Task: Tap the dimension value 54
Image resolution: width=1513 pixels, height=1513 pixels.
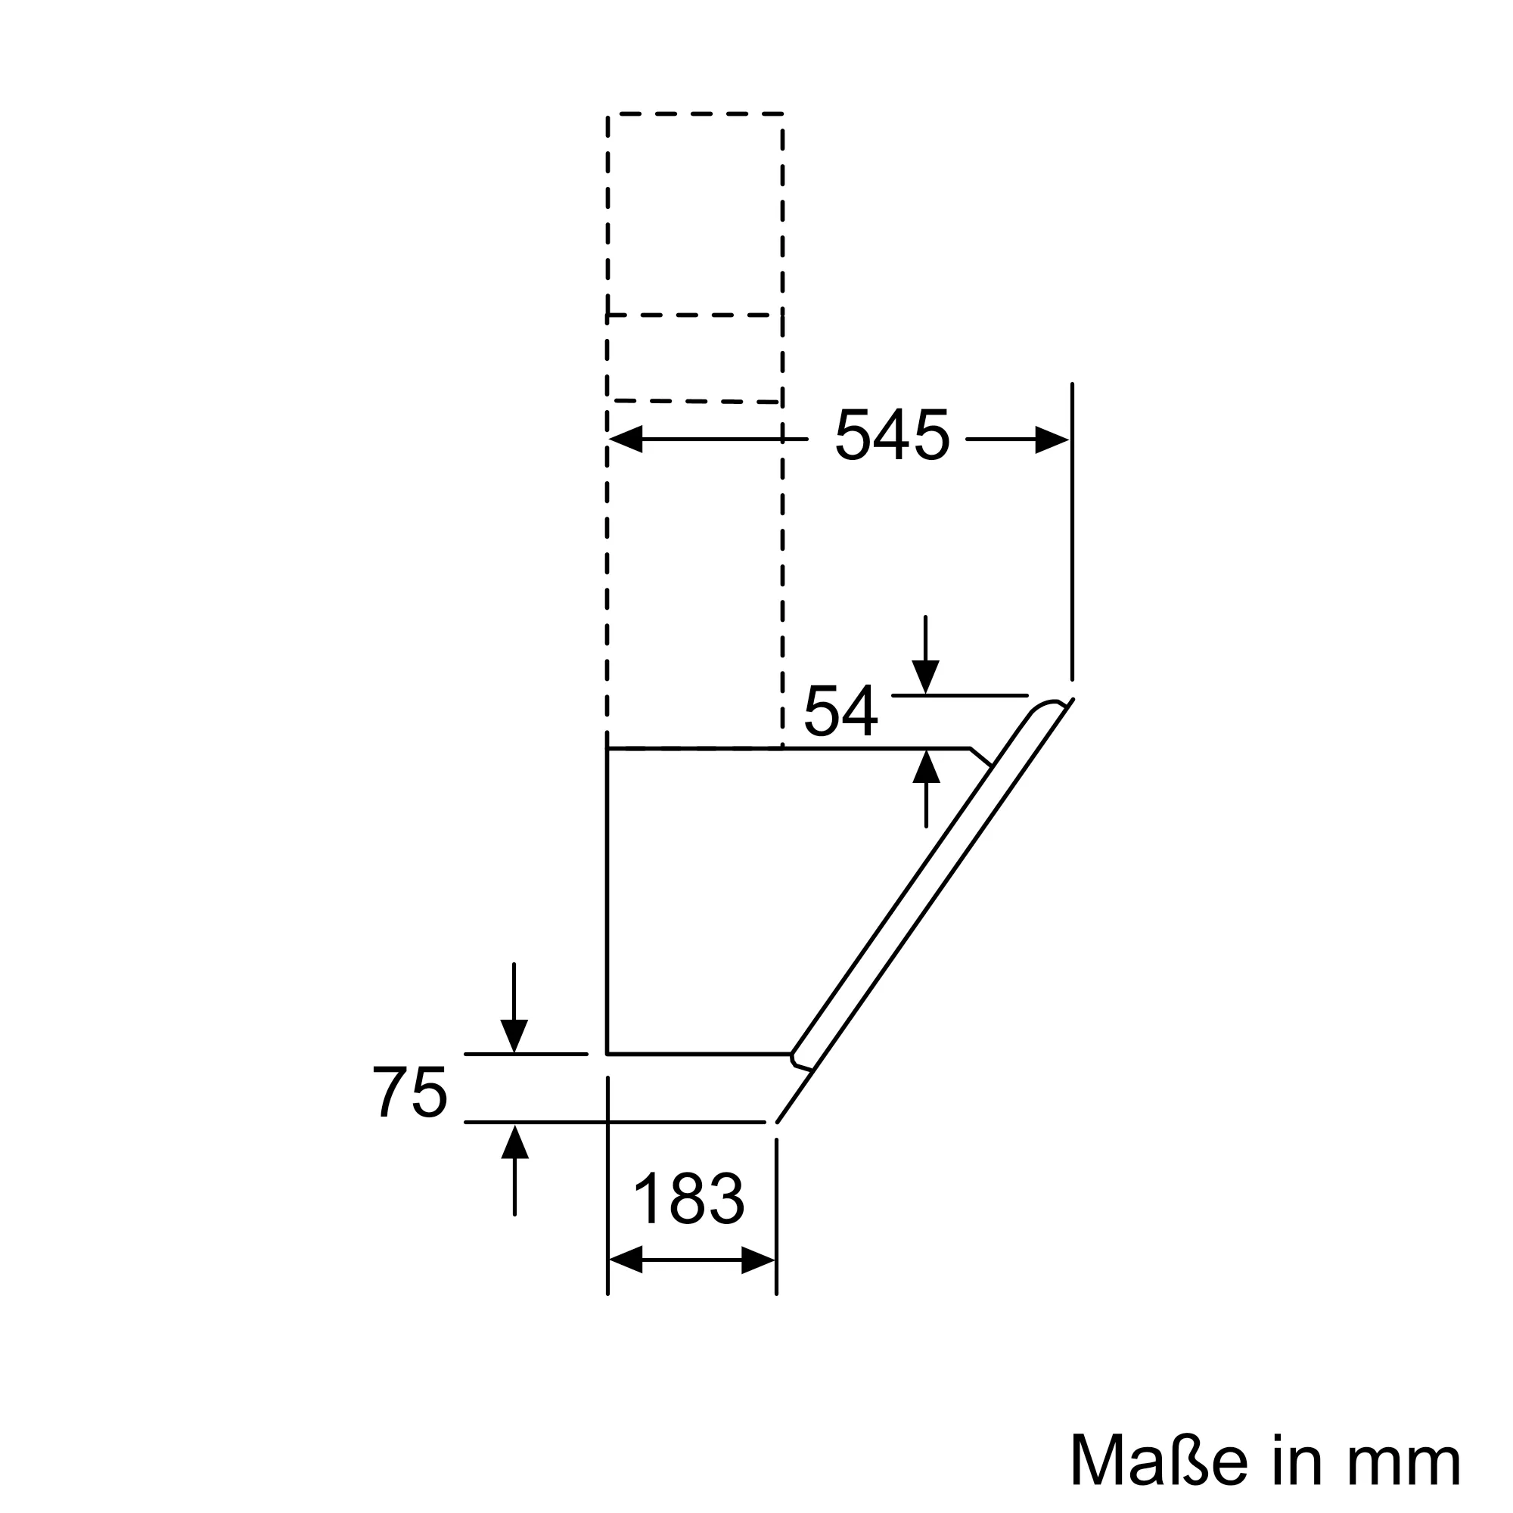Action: point(840,711)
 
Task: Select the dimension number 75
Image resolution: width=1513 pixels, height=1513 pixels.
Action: point(409,1092)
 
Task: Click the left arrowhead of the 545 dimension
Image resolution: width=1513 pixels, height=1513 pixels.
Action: point(625,440)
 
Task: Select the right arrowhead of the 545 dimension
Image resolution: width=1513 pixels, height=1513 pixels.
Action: point(1052,440)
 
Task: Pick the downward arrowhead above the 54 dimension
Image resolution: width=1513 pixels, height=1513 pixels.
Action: point(926,676)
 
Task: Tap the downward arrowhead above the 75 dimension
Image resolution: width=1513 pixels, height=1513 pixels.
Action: point(514,1036)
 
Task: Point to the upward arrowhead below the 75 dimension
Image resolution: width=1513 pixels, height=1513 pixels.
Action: point(514,1141)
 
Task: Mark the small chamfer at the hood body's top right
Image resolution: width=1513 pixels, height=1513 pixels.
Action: point(980,756)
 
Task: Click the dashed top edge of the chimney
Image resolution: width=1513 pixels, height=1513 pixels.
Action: point(695,114)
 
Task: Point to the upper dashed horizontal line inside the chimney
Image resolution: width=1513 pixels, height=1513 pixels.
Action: point(695,315)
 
